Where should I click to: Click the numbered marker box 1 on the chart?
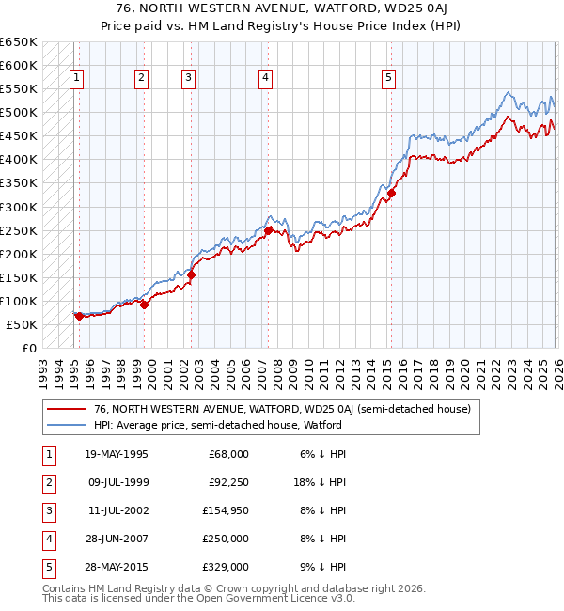76,78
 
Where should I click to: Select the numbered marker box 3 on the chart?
189,78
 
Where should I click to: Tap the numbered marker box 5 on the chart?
388,78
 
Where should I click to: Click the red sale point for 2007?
268,230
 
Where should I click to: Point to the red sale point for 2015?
391,194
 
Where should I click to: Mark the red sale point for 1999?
145,305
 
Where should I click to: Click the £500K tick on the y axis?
18,113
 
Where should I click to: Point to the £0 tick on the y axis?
28,348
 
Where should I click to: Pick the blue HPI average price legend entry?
217,425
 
